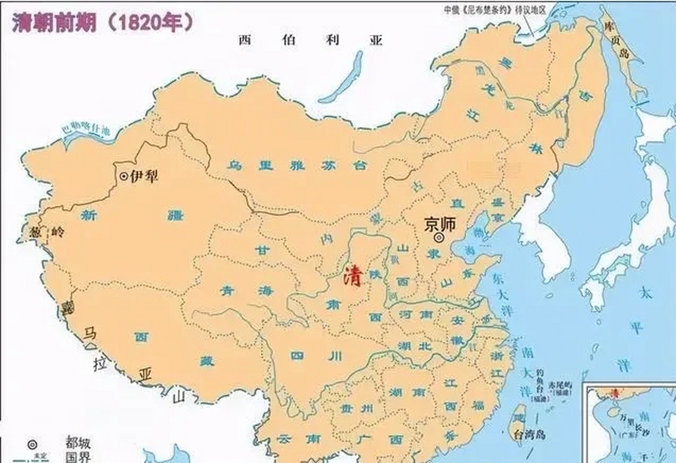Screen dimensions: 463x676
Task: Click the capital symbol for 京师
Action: tap(439, 238)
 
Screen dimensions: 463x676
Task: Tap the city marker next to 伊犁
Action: tap(124, 177)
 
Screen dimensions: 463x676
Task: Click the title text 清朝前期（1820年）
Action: tap(103, 22)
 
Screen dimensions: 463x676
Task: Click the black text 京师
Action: tap(440, 224)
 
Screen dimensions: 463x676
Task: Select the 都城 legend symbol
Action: tap(32, 444)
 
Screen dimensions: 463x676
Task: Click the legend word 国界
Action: tap(78, 457)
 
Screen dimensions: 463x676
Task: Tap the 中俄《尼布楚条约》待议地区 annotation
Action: tap(495, 10)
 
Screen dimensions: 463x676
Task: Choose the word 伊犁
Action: tap(144, 177)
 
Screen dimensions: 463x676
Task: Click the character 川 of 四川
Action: tap(335, 356)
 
